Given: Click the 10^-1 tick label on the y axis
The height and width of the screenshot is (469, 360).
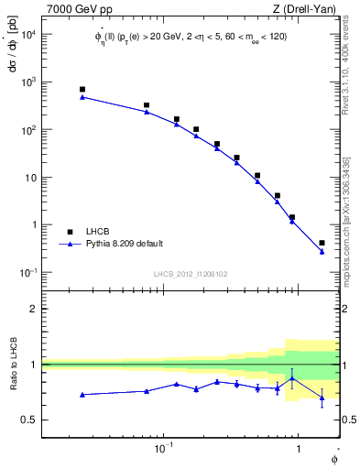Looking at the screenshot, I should [x=27, y=272].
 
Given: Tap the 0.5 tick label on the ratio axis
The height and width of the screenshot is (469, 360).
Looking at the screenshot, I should [x=28, y=420].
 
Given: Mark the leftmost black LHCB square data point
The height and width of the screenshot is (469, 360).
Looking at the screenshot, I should [x=82, y=90].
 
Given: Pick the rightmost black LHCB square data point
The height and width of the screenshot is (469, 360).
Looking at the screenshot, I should [x=322, y=243].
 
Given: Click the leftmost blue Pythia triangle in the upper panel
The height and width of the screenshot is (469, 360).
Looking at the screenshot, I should [x=82, y=96].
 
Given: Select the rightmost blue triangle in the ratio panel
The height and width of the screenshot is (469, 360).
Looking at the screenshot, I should [x=322, y=398].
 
